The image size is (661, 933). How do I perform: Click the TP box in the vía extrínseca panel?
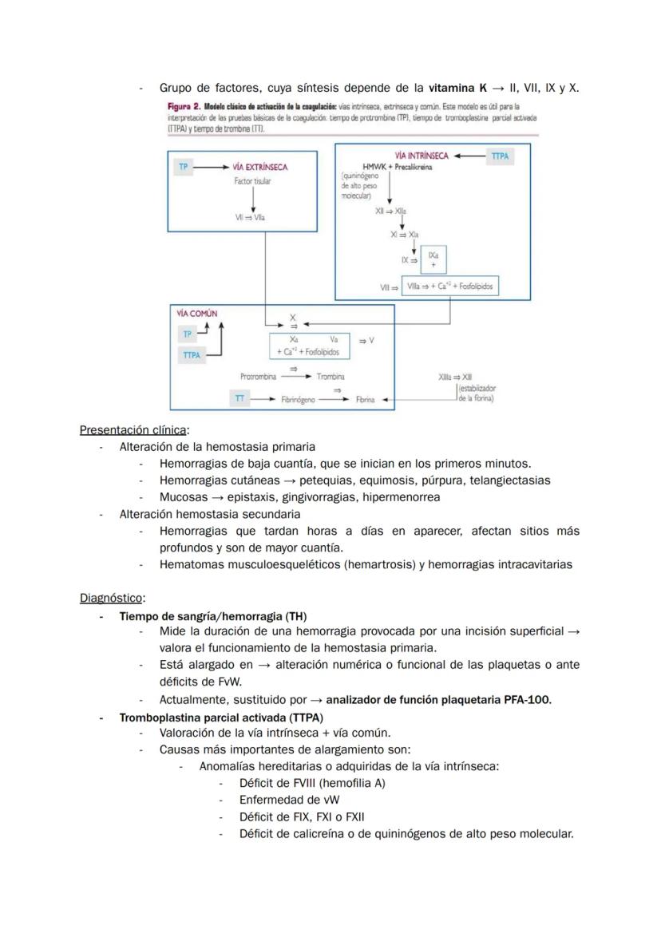click(184, 167)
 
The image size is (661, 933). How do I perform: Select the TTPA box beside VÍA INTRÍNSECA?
click(500, 156)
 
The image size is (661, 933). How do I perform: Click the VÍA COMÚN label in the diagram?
click(196, 314)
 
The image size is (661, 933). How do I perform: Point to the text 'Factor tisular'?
click(252, 182)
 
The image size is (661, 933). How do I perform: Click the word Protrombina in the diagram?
click(258, 376)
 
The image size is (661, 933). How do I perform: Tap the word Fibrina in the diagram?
click(365, 399)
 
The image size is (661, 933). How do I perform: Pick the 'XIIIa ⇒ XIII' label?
click(455, 376)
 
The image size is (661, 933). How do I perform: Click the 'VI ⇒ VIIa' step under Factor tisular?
click(252, 217)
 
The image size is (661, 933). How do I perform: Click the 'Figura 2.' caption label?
click(184, 106)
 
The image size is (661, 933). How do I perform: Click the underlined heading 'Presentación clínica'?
click(133, 430)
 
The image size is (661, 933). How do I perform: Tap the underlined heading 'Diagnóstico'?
click(111, 598)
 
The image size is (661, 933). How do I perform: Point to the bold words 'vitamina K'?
click(457, 88)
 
